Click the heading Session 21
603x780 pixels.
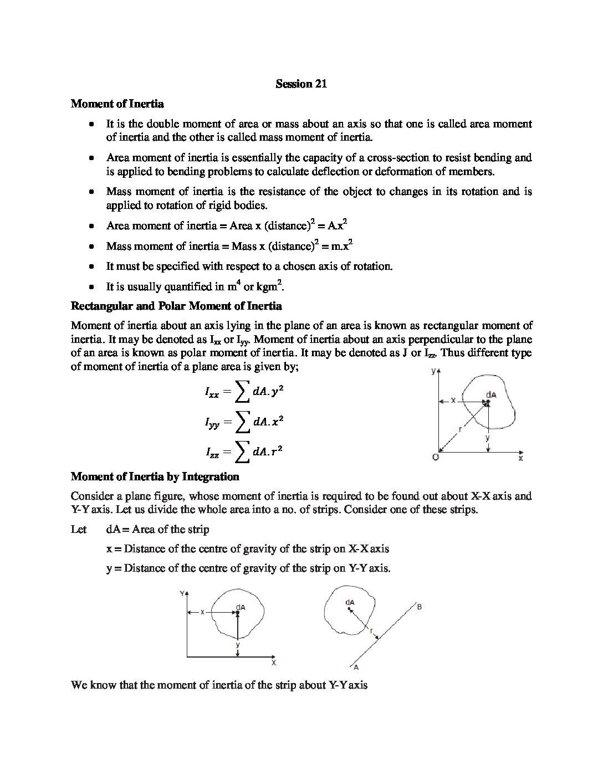(301, 84)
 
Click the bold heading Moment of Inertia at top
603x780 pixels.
(117, 104)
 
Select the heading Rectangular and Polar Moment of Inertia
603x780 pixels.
(176, 306)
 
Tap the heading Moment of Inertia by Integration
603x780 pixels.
(155, 476)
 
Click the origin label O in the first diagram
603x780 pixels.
(435, 457)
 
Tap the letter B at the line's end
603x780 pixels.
(420, 607)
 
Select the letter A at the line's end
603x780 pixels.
(356, 667)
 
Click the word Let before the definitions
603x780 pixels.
(79, 529)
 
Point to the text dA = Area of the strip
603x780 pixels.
(157, 529)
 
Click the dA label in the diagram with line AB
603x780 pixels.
(350, 602)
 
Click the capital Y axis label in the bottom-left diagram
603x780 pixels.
(182, 593)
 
